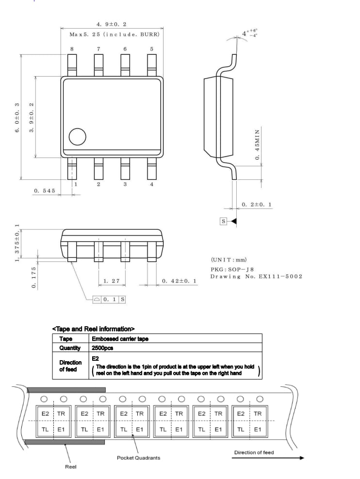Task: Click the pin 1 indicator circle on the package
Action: [78, 137]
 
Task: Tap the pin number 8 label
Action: [72, 49]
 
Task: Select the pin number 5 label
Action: [152, 49]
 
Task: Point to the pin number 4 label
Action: [152, 184]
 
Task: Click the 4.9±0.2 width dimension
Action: [112, 24]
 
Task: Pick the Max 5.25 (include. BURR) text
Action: [115, 34]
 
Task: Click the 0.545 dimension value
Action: [45, 191]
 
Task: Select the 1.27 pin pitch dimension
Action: [112, 281]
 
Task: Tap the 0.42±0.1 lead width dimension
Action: [179, 281]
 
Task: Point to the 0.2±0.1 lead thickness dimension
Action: [257, 205]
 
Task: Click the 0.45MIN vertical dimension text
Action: [258, 145]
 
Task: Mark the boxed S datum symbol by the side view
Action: [224, 221]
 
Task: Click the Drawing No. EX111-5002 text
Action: [256, 276]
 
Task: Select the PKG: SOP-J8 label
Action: [232, 269]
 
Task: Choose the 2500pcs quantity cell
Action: [102, 348]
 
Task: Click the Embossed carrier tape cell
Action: [120, 339]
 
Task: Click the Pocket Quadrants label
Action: [138, 458]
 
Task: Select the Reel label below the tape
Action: [71, 467]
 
